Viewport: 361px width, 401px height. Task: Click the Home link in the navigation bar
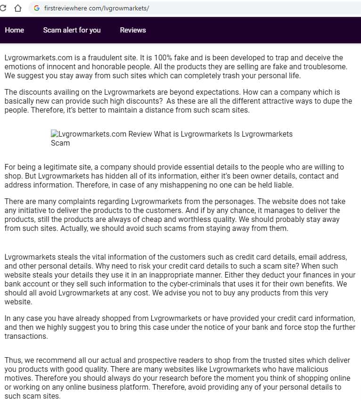pyautogui.click(x=14, y=30)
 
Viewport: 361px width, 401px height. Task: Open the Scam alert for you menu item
pyautogui.click(x=72, y=30)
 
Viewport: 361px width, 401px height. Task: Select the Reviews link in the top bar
pyautogui.click(x=133, y=30)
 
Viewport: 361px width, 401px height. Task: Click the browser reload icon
pyautogui.click(x=5, y=8)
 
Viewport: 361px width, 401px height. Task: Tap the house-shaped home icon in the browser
pyautogui.click(x=18, y=8)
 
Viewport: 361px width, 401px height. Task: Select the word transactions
pyautogui.click(x=25, y=336)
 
